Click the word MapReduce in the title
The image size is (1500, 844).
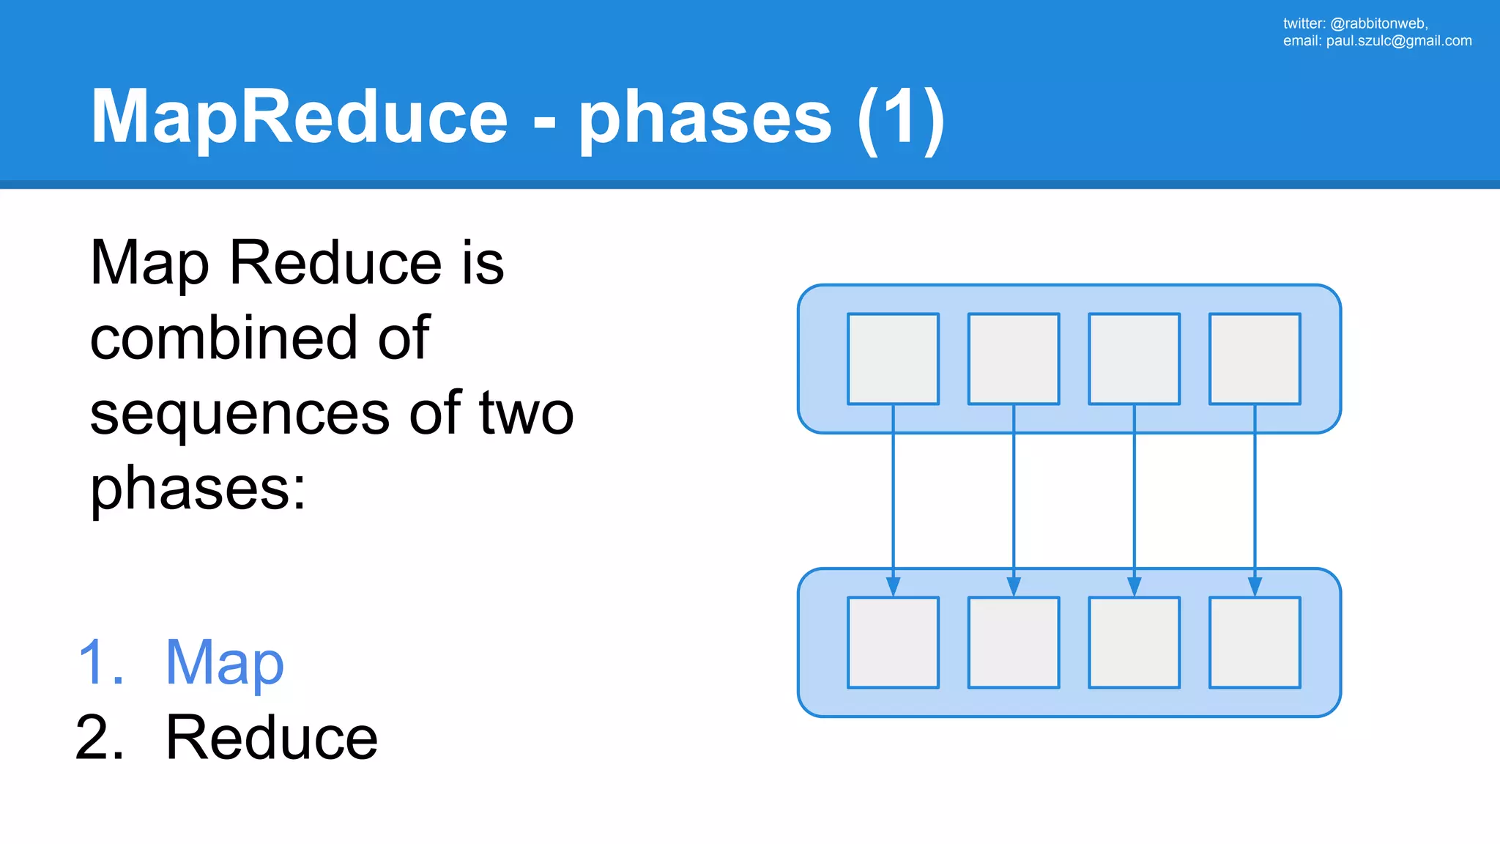point(299,117)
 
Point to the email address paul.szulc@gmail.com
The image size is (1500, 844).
point(1398,41)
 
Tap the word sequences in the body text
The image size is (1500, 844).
point(240,415)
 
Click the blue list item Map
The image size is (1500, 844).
point(224,663)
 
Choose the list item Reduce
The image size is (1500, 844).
point(272,738)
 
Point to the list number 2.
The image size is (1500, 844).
point(100,738)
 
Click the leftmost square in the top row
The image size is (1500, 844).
point(893,359)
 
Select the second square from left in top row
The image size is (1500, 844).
point(1014,359)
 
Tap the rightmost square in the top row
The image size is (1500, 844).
point(1255,359)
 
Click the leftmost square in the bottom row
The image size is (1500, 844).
point(893,643)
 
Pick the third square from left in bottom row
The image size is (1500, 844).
point(1134,643)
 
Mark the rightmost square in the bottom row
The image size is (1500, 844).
point(1255,643)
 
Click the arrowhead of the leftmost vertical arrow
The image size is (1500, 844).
point(893,587)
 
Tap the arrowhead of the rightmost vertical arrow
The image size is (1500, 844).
point(1255,587)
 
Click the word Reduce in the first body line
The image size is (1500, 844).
point(335,263)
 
